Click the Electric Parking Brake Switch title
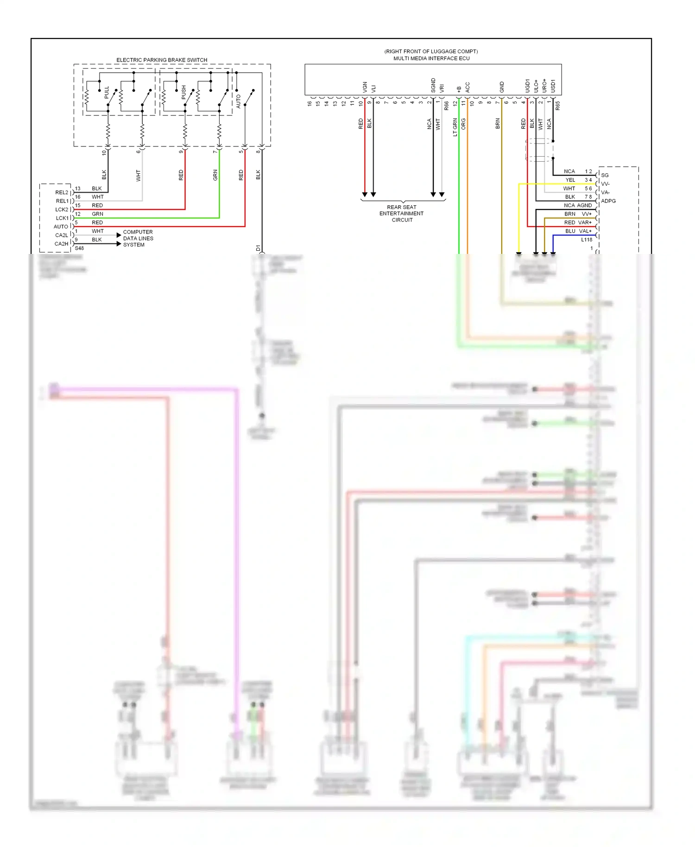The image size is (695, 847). tap(162, 60)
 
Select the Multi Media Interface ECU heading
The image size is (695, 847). tap(431, 58)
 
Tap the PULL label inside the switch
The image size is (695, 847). tap(107, 92)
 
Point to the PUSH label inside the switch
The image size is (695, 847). tap(184, 92)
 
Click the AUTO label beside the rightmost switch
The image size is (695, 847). tap(239, 101)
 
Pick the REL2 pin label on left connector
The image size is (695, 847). tap(62, 192)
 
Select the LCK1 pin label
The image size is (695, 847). tap(62, 218)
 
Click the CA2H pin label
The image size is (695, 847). tap(61, 244)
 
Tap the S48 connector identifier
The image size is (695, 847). tap(79, 248)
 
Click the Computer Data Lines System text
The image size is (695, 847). tap(138, 238)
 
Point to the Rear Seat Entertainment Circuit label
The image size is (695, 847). tap(402, 214)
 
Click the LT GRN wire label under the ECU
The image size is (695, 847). tap(455, 127)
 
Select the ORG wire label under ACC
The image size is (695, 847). tap(464, 123)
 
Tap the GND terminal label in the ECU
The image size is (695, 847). tap(502, 87)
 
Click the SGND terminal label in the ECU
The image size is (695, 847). tap(433, 85)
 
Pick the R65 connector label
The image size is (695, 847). tap(558, 106)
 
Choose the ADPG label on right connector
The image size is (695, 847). tap(608, 201)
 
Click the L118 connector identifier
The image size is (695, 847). tap(587, 240)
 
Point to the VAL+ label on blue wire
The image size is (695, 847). tap(585, 231)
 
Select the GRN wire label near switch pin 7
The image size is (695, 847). tap(215, 175)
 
